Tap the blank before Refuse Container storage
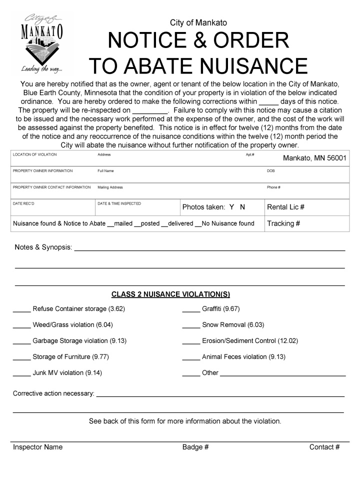[21, 309]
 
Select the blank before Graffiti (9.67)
[191, 309]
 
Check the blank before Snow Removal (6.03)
[191, 325]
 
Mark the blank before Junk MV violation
[21, 373]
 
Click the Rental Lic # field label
[286, 207]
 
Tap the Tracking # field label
[283, 223]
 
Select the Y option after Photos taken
[232, 207]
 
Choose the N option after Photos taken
[242, 207]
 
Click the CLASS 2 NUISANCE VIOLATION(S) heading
[170, 294]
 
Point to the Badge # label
[195, 447]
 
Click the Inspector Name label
[38, 447]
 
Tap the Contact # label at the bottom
[324, 447]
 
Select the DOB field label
[271, 171]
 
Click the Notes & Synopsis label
[43, 247]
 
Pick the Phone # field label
[273, 187]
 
